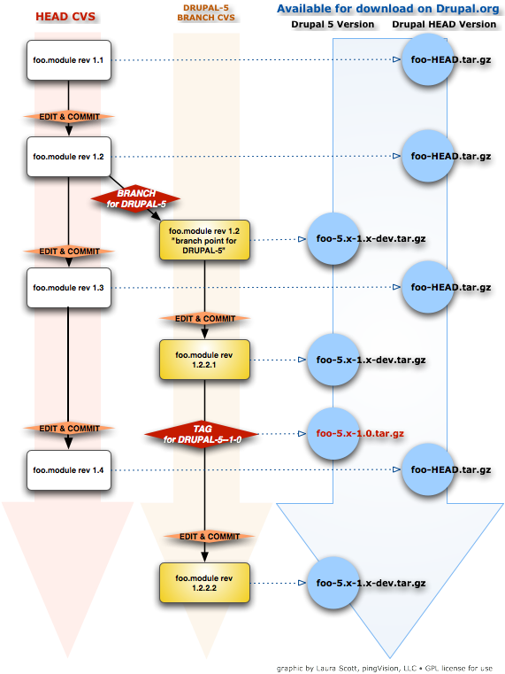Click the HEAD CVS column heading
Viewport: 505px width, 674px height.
[65, 16]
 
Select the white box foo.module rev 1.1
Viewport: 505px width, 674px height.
[68, 60]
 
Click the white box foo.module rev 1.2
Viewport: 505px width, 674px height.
[68, 156]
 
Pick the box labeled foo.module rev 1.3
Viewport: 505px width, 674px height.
[68, 287]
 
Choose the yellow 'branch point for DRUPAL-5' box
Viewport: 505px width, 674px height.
[205, 240]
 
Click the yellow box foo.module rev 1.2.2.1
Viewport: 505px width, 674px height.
[205, 360]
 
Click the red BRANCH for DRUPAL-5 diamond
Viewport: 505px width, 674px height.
[136, 198]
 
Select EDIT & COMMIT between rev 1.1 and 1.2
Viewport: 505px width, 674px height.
[68, 117]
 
